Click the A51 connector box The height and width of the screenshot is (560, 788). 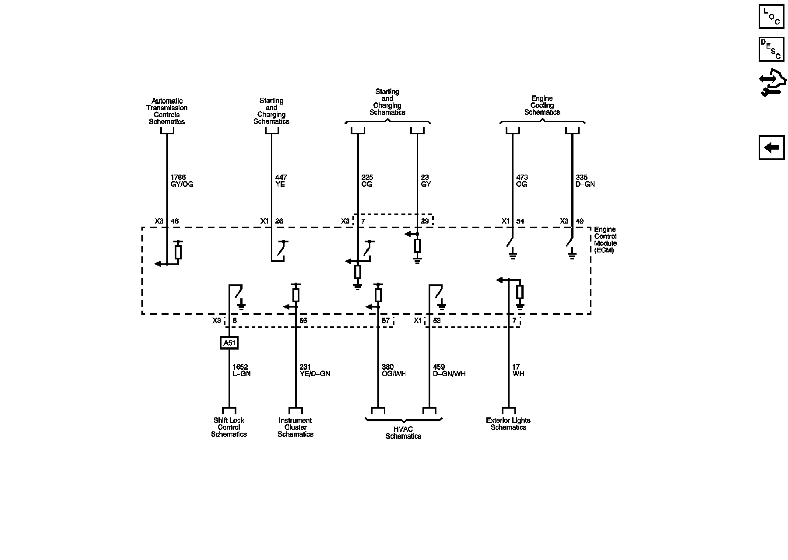tap(229, 343)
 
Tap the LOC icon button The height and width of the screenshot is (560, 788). tap(771, 16)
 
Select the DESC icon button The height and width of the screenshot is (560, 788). tap(771, 49)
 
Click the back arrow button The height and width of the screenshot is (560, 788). tap(771, 148)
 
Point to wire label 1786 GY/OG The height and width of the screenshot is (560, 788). tap(181, 181)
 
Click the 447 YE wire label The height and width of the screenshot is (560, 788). tap(281, 181)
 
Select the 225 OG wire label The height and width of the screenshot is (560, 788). tap(367, 181)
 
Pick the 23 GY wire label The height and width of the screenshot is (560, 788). tap(426, 181)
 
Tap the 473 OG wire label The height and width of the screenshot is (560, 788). tap(522, 181)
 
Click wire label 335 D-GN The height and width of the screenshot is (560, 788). tap(585, 181)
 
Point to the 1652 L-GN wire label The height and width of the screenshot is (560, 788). tap(241, 371)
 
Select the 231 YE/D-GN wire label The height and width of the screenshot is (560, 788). tap(314, 371)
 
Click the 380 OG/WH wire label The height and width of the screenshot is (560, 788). tap(394, 371)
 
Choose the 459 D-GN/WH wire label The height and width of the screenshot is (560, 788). tap(449, 371)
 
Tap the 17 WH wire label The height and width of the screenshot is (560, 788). tap(518, 371)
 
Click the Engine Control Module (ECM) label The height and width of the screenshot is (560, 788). tap(605, 240)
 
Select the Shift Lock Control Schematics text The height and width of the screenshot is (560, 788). tap(229, 427)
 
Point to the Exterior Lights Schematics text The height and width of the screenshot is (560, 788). tap(508, 424)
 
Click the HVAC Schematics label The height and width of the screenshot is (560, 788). tap(403, 433)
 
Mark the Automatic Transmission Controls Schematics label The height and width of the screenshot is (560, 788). tap(167, 111)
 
